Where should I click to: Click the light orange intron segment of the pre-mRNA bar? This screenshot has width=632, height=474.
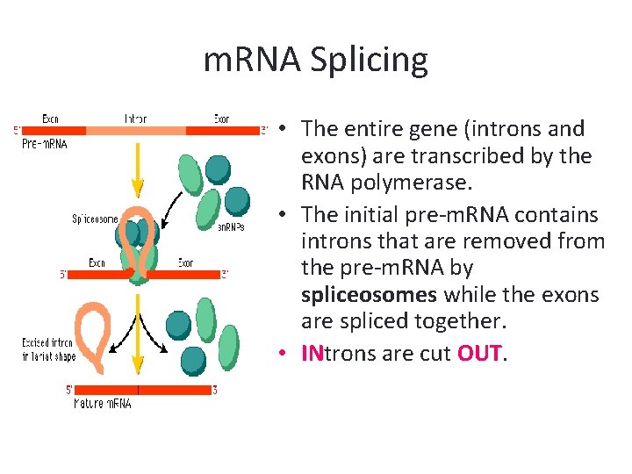[x=136, y=130]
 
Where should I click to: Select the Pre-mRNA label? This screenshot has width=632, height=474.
[x=44, y=144]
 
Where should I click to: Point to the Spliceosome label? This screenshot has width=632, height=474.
[x=95, y=219]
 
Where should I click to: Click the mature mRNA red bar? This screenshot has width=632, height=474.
[x=140, y=389]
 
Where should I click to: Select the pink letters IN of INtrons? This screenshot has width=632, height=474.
[x=312, y=354]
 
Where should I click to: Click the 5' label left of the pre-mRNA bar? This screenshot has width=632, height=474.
[x=18, y=131]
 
